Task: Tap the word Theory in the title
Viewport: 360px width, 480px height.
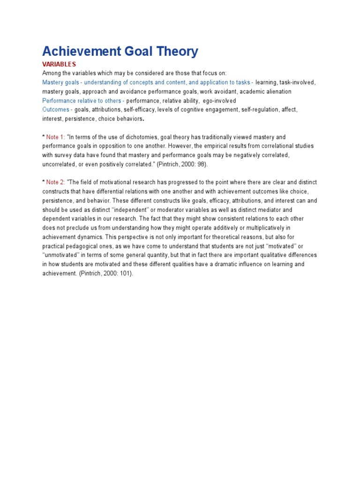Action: click(175, 52)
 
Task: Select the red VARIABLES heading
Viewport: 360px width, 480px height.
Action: click(59, 64)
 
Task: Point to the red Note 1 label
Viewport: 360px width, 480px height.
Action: click(56, 137)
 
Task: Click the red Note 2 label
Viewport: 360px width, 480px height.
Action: click(56, 182)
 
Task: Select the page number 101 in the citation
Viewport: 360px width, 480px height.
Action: click(123, 273)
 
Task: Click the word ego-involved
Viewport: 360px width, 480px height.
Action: click(219, 101)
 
